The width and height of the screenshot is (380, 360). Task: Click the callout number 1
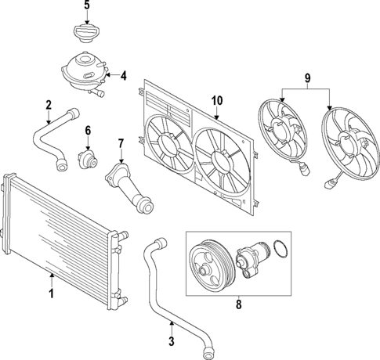tap(52, 294)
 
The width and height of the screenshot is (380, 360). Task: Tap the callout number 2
tap(49, 105)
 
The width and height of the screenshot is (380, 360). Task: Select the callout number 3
tap(172, 342)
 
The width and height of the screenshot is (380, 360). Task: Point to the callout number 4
tap(124, 76)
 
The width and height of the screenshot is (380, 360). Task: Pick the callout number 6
tap(88, 130)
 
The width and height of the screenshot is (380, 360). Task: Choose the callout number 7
tap(121, 143)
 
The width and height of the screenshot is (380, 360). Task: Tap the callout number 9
tap(307, 78)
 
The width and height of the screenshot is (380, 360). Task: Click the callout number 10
tap(217, 99)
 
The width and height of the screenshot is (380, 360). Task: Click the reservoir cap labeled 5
tap(87, 34)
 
